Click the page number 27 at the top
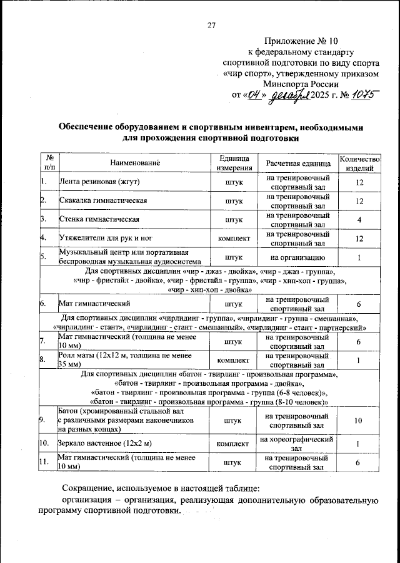[x=211, y=25]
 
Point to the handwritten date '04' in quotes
[x=254, y=95]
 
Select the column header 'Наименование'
[x=136, y=163]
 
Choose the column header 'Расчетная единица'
[x=297, y=163]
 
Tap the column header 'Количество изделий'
[x=359, y=163]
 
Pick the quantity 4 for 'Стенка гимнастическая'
[x=359, y=220]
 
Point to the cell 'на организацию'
[x=297, y=257]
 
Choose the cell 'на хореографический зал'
[x=297, y=443]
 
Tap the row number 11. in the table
[x=44, y=462]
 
